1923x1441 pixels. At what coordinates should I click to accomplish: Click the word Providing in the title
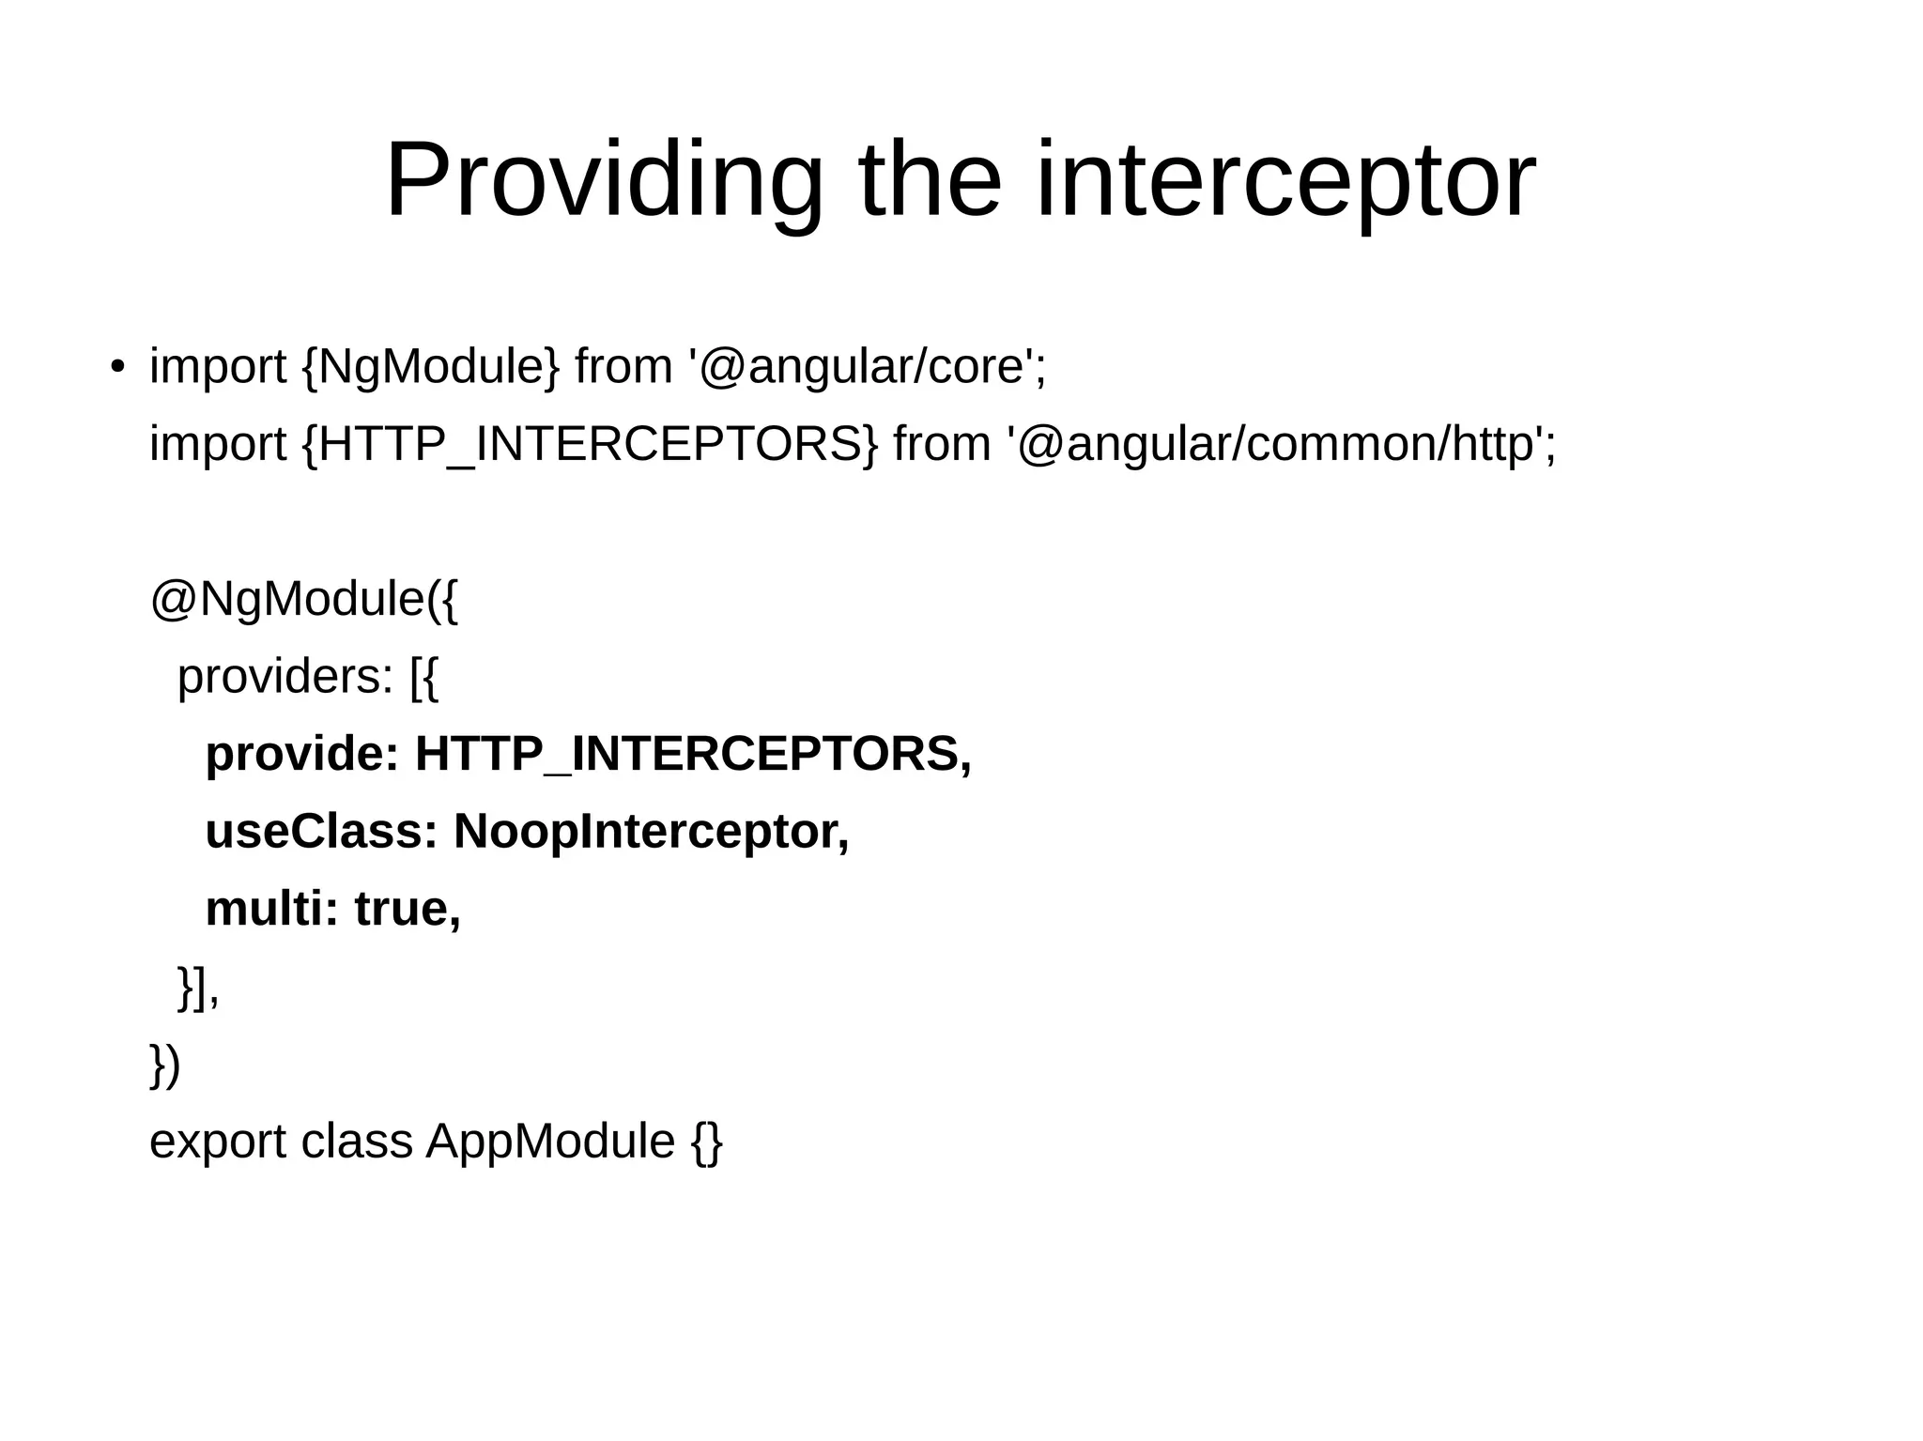(x=604, y=180)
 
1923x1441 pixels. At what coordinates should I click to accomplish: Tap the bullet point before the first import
(x=116, y=367)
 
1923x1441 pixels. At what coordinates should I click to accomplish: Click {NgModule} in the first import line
(x=430, y=366)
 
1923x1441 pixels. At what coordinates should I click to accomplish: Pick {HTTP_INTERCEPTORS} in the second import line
(x=590, y=444)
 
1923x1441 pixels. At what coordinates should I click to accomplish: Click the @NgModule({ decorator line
(x=303, y=599)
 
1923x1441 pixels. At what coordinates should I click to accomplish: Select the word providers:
(x=285, y=677)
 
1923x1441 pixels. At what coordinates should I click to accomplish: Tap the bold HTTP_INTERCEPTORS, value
(x=693, y=755)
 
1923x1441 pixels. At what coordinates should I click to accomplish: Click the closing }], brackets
(x=198, y=988)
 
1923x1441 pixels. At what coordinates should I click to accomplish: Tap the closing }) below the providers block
(x=165, y=1065)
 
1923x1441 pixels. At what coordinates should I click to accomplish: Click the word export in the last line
(x=218, y=1142)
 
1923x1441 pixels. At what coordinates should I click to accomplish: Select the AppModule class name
(x=550, y=1142)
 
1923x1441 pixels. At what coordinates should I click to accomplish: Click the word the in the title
(x=930, y=180)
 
